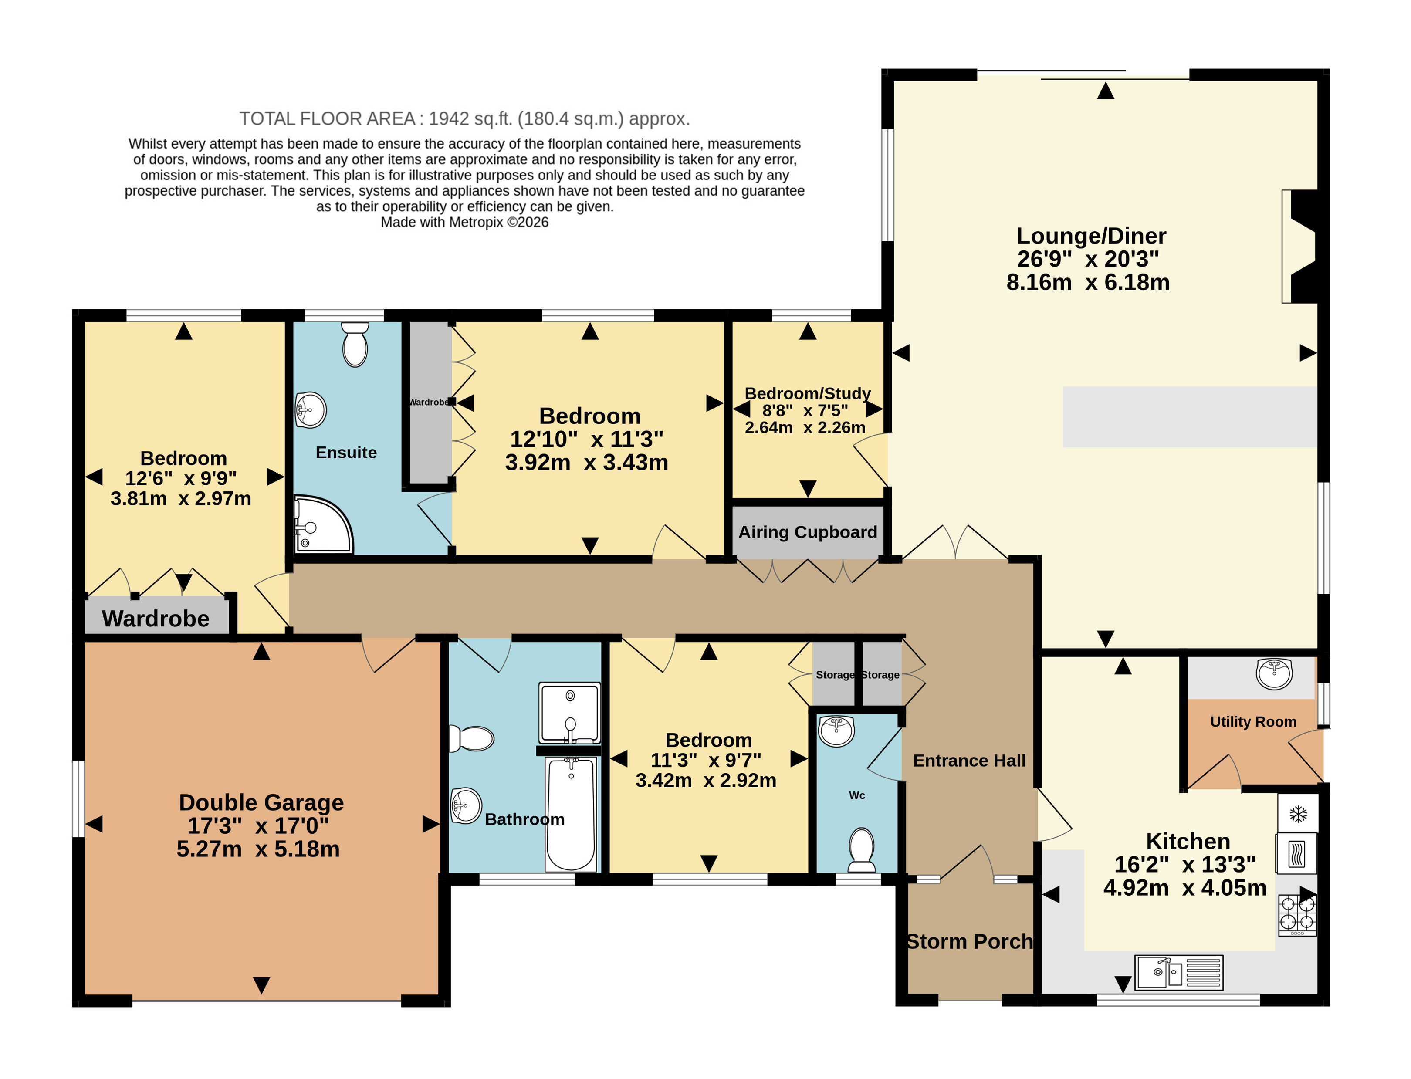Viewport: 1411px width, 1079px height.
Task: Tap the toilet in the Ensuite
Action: pyautogui.click(x=355, y=344)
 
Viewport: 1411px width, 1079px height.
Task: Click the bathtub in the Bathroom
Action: pyautogui.click(x=570, y=814)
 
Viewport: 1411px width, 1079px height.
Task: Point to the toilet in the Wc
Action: pyautogui.click(x=861, y=850)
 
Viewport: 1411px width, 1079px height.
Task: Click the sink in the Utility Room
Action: pyautogui.click(x=1274, y=674)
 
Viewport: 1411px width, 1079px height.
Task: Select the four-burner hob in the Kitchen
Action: pyautogui.click(x=1297, y=915)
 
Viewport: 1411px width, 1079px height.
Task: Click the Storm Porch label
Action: pyautogui.click(x=970, y=941)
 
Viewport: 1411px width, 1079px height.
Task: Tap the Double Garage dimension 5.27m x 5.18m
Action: pyautogui.click(x=258, y=849)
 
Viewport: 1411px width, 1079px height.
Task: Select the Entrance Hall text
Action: pyautogui.click(x=969, y=761)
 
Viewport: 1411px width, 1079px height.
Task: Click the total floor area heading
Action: pyautogui.click(x=464, y=119)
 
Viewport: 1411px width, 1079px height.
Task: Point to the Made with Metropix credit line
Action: pyautogui.click(x=464, y=222)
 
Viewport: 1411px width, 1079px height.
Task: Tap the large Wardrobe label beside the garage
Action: pyautogui.click(x=156, y=619)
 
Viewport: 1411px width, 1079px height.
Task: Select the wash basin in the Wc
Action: pyautogui.click(x=836, y=731)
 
